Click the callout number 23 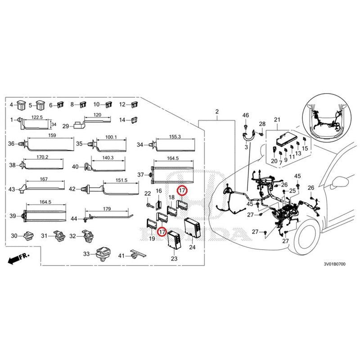click(174, 258)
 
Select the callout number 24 click(192, 247)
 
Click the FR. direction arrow click(18, 258)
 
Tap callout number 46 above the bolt click(245, 116)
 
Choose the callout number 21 click(277, 119)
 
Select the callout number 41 click(121, 256)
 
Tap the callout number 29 click(65, 126)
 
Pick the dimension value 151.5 click(121, 180)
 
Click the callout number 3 click(247, 147)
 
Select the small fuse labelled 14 click(134, 120)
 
